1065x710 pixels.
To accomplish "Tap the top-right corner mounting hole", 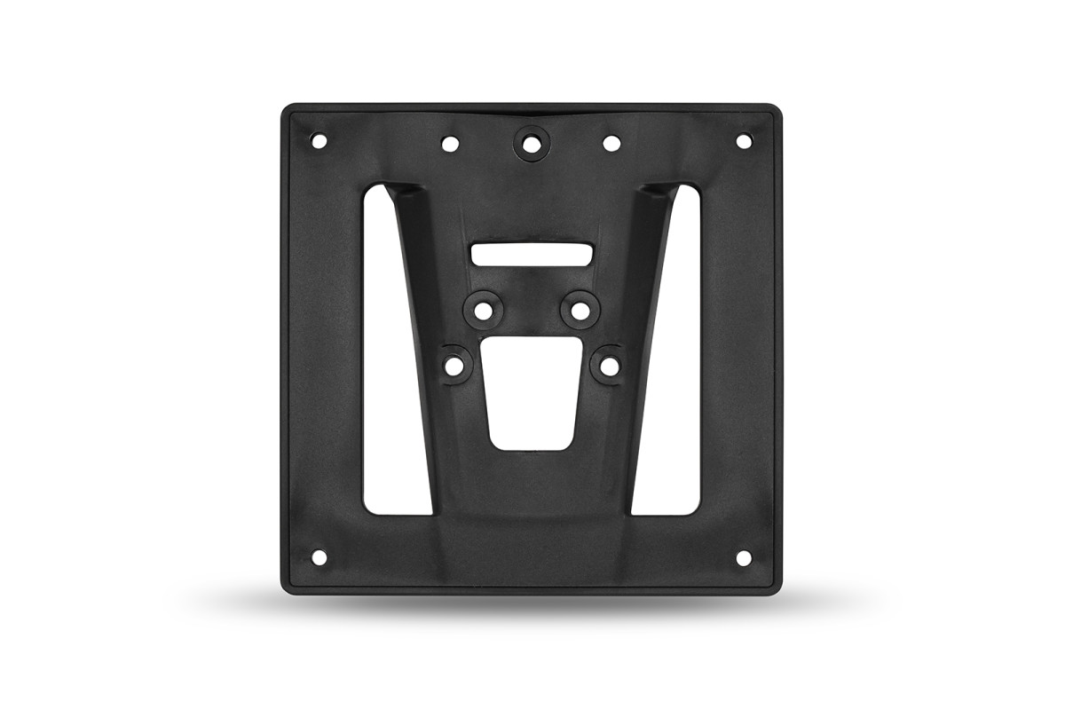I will [744, 140].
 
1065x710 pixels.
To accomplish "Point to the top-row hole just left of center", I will [450, 142].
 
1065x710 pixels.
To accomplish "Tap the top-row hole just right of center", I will [611, 142].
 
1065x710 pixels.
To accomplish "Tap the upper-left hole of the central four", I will [484, 311].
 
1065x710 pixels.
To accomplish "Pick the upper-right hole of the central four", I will [579, 311].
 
